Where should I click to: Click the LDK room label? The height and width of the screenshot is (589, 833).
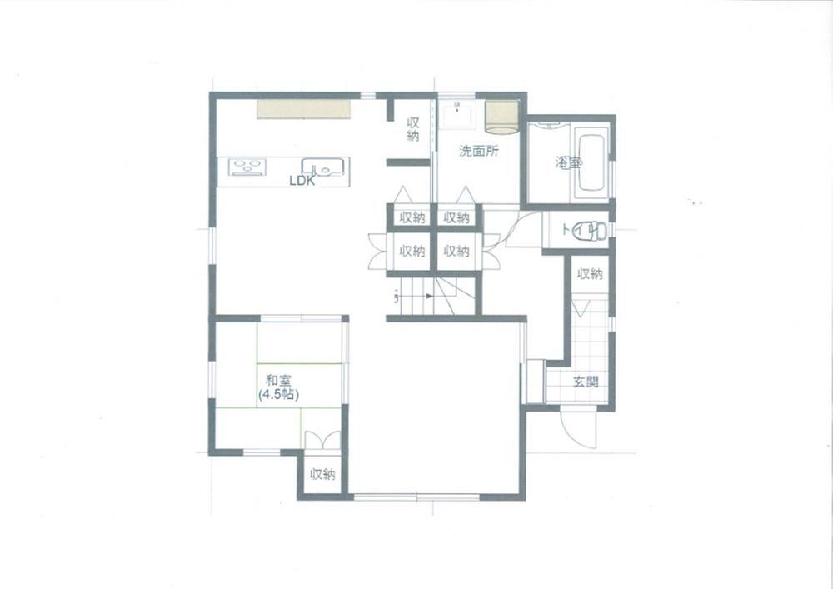pos(302,181)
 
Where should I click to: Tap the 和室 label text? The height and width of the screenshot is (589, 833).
pos(278,380)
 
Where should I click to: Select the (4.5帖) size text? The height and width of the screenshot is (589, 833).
pos(278,395)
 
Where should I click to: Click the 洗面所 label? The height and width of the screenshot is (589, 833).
pos(479,152)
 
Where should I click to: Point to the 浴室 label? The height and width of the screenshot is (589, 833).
pos(568,163)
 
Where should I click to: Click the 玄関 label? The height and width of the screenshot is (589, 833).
pos(586,382)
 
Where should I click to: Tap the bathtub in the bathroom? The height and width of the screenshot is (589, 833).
pos(591,163)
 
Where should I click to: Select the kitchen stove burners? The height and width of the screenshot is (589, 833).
pos(247,167)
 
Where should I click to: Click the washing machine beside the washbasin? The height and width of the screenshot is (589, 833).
pos(501,117)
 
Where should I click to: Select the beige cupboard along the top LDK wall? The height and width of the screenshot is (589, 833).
pos(304,109)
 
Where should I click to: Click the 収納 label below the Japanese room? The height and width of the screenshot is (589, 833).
pos(323,474)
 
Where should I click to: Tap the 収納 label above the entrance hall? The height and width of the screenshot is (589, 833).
pos(590,274)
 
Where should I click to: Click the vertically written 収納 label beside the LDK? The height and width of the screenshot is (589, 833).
pos(413,129)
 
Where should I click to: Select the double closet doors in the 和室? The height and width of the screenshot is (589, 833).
pos(322,440)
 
